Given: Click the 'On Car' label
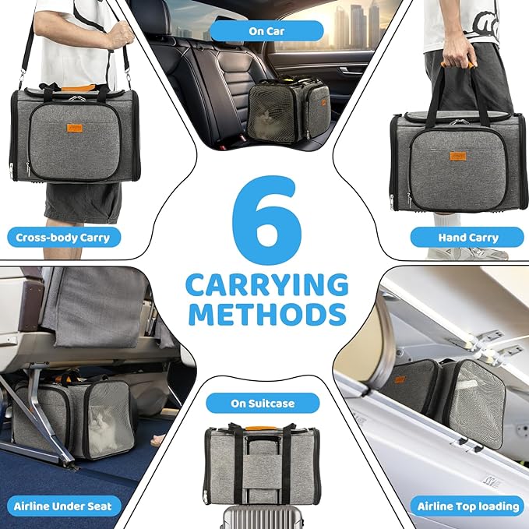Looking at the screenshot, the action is tap(266, 31).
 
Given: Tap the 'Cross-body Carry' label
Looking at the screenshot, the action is tap(63, 238).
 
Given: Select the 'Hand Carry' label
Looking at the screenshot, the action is tap(468, 238).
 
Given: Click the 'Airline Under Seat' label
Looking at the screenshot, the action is tap(63, 506).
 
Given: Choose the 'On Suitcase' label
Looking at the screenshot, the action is tap(263, 403).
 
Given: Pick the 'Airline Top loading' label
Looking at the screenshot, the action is tap(468, 506).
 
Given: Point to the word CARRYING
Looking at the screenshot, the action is tap(267, 285).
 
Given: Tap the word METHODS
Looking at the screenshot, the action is tap(267, 314).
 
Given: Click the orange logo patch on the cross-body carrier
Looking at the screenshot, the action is tap(75, 128).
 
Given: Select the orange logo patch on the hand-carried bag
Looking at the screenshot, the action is tap(458, 156).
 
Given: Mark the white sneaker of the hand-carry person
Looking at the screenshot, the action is tap(469, 253).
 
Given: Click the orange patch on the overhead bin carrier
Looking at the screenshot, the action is tap(400, 379).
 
